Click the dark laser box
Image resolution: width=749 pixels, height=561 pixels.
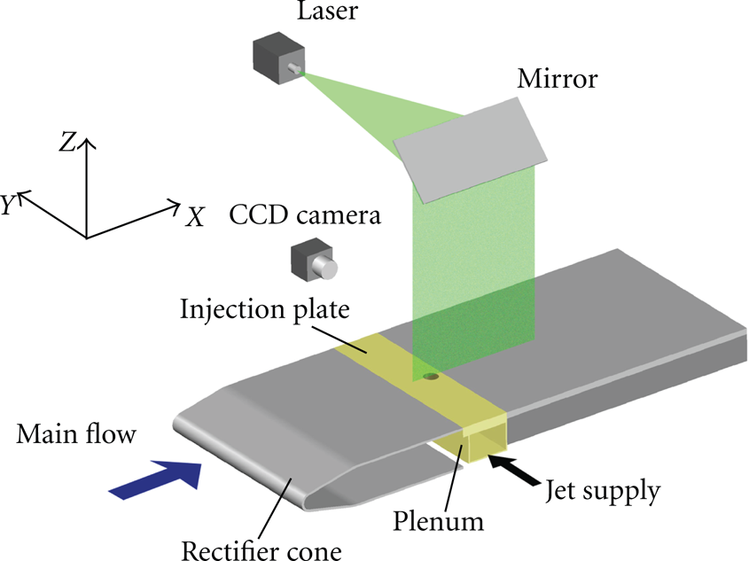coord(278,58)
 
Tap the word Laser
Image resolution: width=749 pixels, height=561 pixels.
coord(327,11)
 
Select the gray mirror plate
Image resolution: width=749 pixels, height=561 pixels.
coord(470,150)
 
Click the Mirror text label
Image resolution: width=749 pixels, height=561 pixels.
coord(557,79)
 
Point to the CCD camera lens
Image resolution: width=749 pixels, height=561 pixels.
coord(324,267)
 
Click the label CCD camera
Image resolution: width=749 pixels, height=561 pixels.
coord(305,214)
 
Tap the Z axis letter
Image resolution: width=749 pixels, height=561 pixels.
coord(67,142)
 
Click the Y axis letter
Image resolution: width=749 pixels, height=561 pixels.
coord(8,205)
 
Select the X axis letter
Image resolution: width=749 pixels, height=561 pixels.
coord(195,216)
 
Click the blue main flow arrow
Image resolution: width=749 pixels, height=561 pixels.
coord(156,479)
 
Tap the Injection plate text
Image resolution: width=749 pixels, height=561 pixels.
coord(265,309)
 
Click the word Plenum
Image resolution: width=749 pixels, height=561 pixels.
coord(438,520)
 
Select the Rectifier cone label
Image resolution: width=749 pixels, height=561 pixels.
coord(261,550)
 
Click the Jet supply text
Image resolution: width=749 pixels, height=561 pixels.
coord(603,490)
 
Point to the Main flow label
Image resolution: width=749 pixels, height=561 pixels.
coord(76,434)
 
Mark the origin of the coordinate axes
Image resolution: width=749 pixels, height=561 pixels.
coord(87,238)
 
